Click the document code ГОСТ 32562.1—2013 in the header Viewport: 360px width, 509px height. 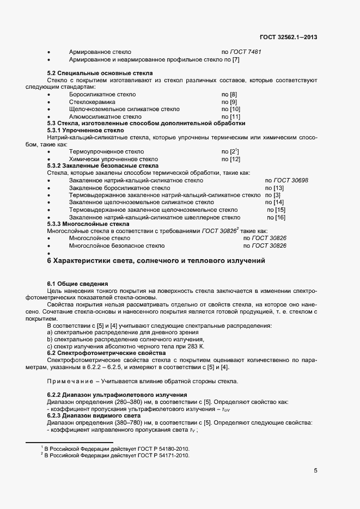[289, 38]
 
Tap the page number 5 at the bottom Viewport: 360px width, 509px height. [315, 470]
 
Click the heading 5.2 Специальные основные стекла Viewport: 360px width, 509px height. [100, 73]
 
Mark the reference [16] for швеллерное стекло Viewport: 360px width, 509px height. [280, 217]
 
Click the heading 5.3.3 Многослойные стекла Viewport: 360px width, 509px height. [88, 224]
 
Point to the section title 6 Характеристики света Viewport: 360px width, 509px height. [156, 261]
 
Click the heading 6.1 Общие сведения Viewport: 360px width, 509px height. [77, 284]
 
